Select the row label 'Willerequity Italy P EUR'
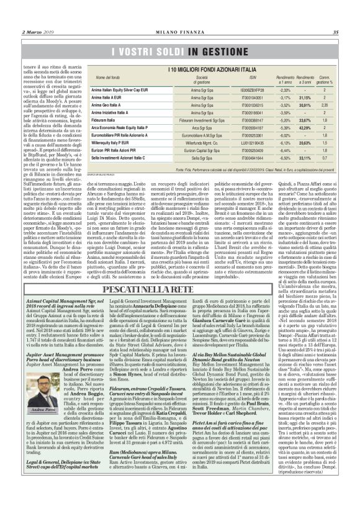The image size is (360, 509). click(112, 142)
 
